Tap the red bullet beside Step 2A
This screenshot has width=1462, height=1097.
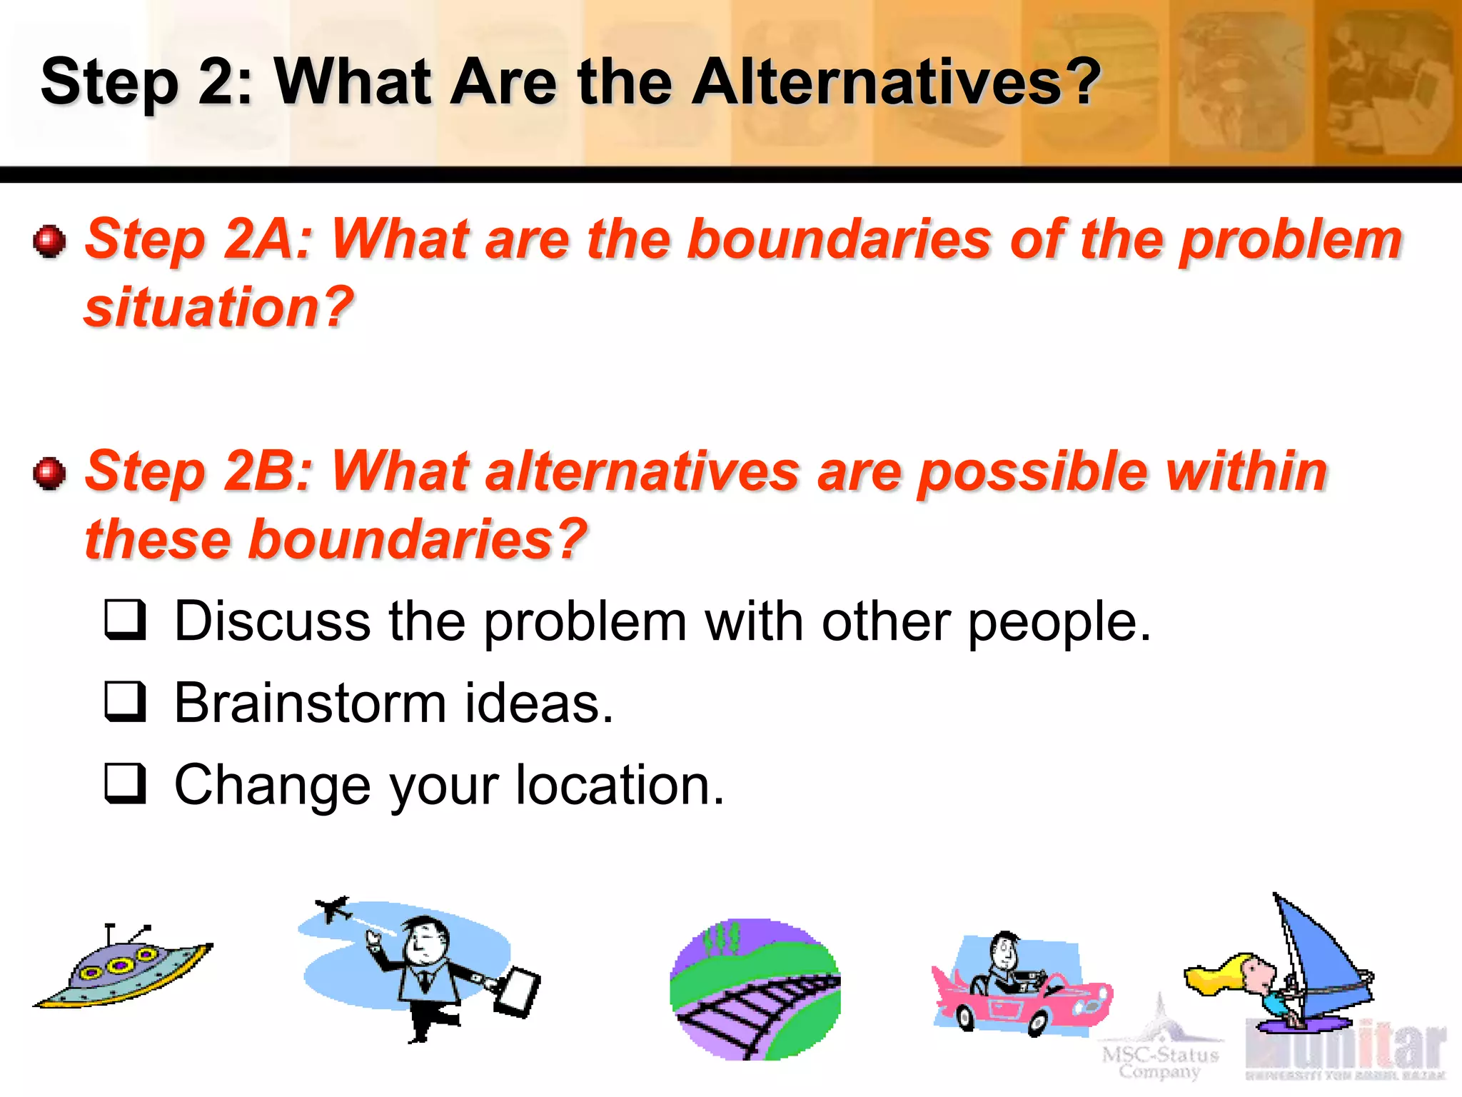tap(49, 241)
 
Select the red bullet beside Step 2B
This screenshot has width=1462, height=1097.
tap(49, 473)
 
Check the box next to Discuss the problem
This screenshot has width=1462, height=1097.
tap(125, 619)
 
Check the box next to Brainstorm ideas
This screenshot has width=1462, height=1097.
tap(125, 701)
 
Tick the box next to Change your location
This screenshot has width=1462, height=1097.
tap(125, 783)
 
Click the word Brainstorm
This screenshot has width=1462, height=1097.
tap(310, 703)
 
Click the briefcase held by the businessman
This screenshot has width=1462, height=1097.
tap(518, 991)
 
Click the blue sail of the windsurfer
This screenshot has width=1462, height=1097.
tap(1321, 950)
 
